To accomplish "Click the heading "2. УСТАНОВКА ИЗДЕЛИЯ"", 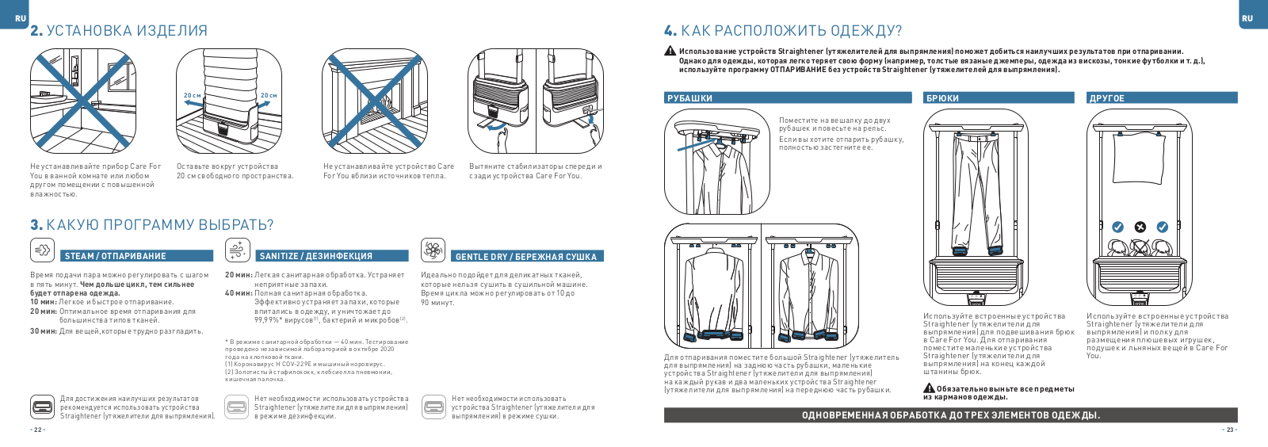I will pos(119,31).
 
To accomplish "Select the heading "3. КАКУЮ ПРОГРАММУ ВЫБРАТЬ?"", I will pos(152,225).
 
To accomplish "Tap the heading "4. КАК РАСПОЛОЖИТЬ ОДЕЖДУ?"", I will pos(783,31).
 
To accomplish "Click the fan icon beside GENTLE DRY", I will pos(432,250).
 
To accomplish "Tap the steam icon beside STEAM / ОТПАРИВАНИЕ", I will pos(42,250).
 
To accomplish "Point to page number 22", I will pos(37,430).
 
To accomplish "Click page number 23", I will pos(1229,430).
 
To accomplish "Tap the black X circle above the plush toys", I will pos(1140,227).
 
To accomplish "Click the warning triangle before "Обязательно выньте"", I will pos(929,388).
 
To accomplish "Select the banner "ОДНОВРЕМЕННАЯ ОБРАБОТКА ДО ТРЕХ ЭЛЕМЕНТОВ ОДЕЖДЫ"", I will pos(950,415).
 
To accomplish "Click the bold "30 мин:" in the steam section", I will pos(43,331).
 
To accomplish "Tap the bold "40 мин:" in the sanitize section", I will pos(238,293).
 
